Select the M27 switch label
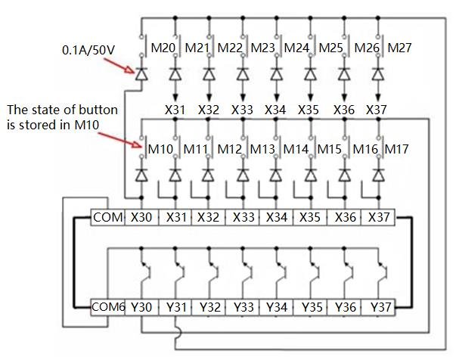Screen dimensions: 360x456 pyautogui.click(x=399, y=48)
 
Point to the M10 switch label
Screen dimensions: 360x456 pyautogui.click(x=160, y=149)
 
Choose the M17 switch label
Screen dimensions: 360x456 pyautogui.click(x=396, y=149)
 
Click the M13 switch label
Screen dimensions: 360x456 pyautogui.click(x=262, y=149)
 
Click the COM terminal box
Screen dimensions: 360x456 pyautogui.click(x=107, y=218)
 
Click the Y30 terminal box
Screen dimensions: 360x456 pyautogui.click(x=142, y=308)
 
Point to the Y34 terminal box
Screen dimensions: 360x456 pyautogui.click(x=277, y=308)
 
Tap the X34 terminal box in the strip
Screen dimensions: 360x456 pyautogui.click(x=277, y=218)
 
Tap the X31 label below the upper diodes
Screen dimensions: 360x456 pyautogui.click(x=175, y=110)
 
